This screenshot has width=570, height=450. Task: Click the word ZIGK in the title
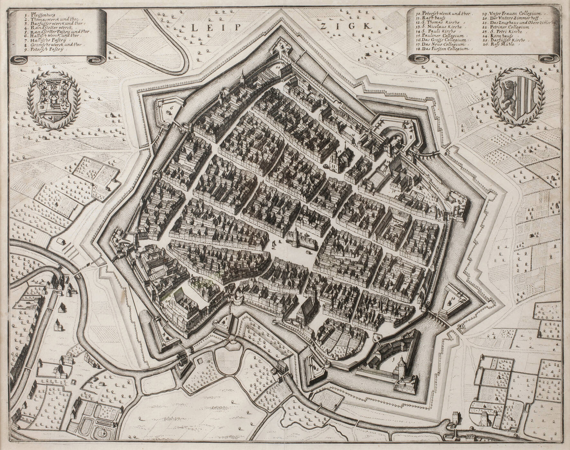click(x=345, y=26)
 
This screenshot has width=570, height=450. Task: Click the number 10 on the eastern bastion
click(x=453, y=299)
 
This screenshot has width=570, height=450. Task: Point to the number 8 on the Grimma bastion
click(x=411, y=137)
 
